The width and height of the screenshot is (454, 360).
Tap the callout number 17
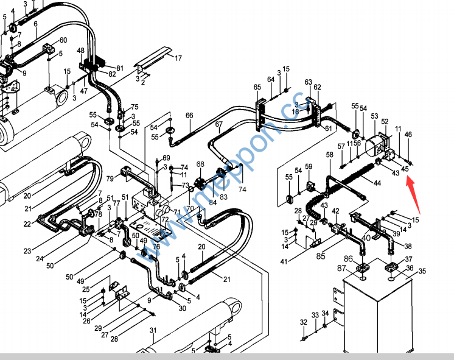[178, 58]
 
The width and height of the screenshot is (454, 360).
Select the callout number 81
[119, 68]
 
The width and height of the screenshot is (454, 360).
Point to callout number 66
[189, 116]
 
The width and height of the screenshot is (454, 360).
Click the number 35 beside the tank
[422, 271]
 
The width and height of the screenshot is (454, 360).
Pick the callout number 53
[374, 116]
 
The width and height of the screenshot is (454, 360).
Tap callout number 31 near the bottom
[153, 331]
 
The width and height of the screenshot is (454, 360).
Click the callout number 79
[110, 178]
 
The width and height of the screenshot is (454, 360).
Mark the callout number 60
[63, 40]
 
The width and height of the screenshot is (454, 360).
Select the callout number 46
[408, 134]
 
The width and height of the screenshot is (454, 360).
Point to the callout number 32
[303, 322]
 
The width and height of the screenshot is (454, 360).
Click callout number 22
[27, 224]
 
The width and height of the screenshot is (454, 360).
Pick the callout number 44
[377, 183]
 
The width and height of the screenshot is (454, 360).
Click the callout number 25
[86, 289]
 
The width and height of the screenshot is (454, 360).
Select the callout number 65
[257, 88]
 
